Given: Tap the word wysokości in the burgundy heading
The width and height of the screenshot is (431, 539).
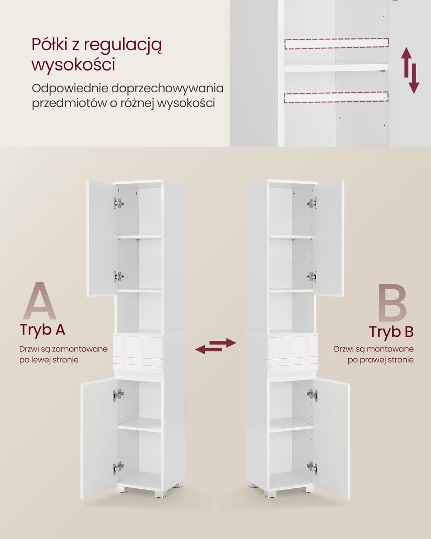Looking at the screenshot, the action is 74,64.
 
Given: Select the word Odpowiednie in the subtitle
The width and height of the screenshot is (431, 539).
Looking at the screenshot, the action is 70,89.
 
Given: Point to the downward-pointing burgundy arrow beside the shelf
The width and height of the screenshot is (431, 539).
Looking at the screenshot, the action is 414,79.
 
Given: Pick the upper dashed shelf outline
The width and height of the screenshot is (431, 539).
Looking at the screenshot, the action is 336,43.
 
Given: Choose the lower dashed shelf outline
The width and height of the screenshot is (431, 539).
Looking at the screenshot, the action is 336,97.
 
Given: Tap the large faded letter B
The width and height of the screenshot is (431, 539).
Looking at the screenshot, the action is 392,303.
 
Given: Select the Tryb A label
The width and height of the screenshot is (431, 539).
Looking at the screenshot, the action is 42,330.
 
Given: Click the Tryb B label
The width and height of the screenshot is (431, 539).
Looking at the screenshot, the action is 391,332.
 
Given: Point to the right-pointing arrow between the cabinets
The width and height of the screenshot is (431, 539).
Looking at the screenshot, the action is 222,343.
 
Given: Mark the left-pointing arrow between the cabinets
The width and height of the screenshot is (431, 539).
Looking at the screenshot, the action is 209,349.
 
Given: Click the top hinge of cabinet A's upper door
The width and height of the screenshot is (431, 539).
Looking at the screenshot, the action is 119,203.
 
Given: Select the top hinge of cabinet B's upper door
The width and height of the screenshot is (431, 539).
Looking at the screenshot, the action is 312,203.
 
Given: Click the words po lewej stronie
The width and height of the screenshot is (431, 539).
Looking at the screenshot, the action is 49,360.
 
